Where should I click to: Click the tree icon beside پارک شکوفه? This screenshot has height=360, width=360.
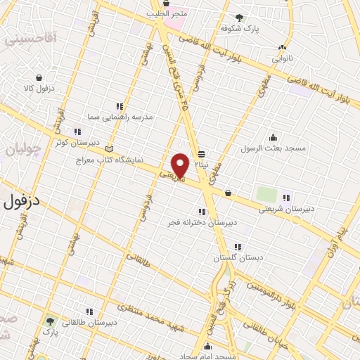[x=240, y=18]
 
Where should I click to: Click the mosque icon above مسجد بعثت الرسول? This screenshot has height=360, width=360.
[x=273, y=137]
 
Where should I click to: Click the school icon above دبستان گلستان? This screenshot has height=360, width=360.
[x=238, y=247]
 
